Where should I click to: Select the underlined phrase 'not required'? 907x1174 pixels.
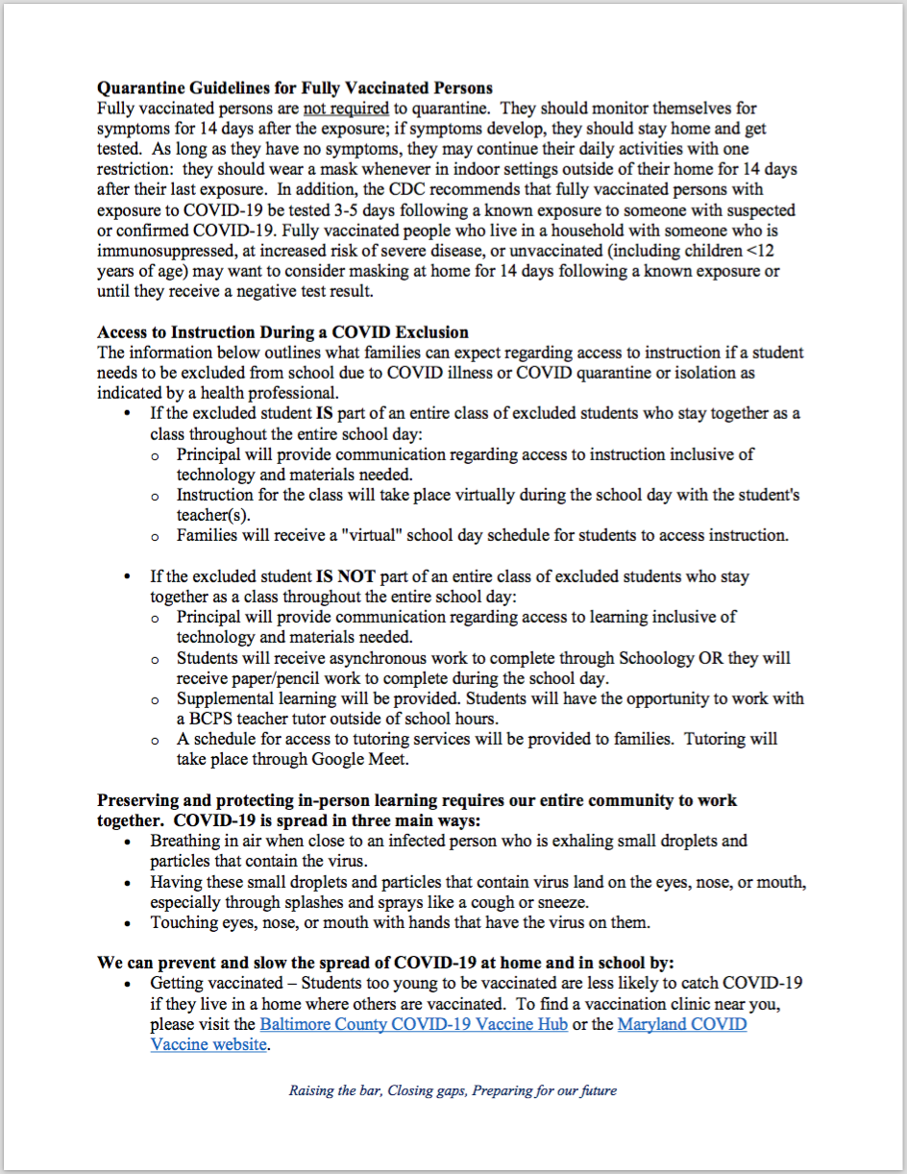pyautogui.click(x=346, y=110)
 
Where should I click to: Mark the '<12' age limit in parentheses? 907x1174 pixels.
pyautogui.click(x=767, y=251)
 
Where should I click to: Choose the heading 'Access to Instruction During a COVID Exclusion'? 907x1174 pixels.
pyautogui.click(x=282, y=332)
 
